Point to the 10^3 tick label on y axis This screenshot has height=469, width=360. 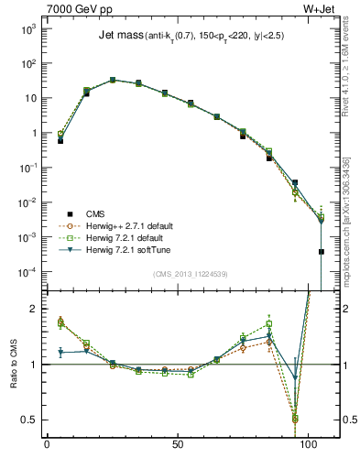click(x=27, y=29)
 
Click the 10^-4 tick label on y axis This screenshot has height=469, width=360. click(x=27, y=272)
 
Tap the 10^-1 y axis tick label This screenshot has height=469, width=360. click(x=27, y=168)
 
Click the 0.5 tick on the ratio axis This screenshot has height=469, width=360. click(x=30, y=420)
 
